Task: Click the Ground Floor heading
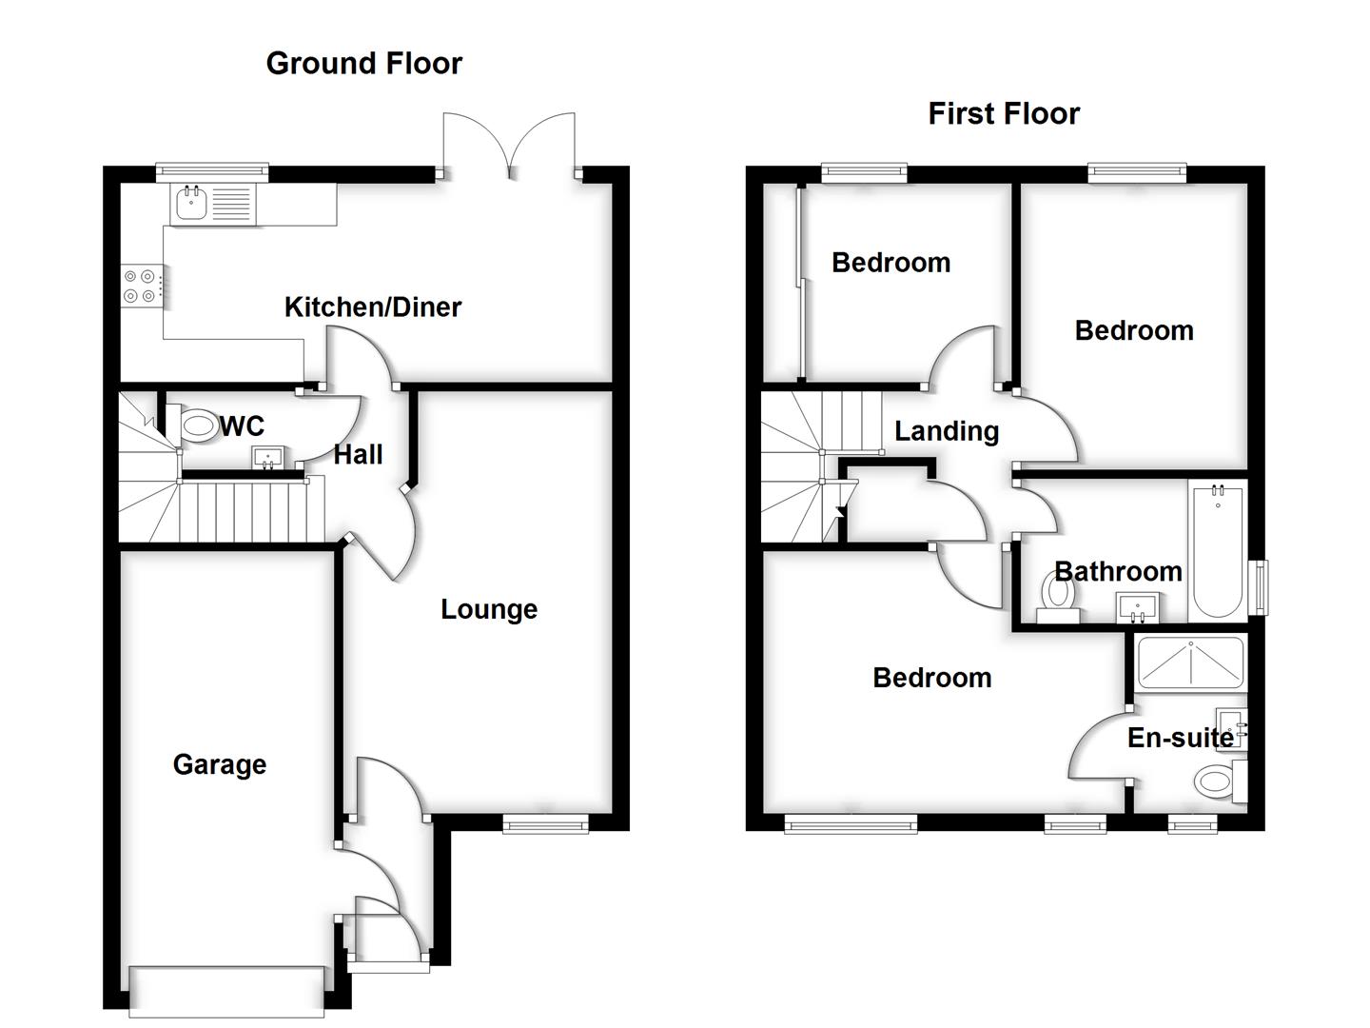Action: click(363, 63)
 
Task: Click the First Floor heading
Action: click(1003, 113)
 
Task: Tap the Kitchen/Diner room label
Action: click(373, 306)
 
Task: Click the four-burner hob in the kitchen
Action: click(139, 287)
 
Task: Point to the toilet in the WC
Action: click(198, 425)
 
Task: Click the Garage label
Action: click(219, 764)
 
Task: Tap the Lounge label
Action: click(488, 609)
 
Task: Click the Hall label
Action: click(358, 454)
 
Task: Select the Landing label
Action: click(946, 431)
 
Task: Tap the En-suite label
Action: click(1180, 737)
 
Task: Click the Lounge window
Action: click(545, 824)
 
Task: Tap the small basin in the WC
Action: click(267, 456)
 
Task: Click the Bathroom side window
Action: click(1262, 588)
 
